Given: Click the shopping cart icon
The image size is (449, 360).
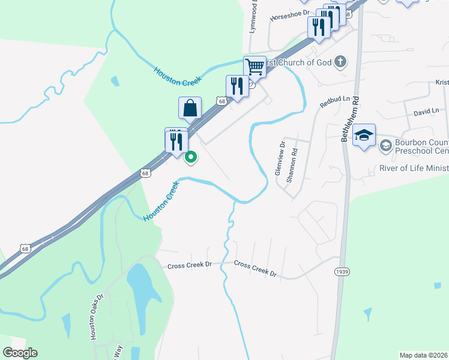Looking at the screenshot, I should point(255,67).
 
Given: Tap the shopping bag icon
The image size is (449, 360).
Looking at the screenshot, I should point(190,109).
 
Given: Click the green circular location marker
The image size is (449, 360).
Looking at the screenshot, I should point(191,158).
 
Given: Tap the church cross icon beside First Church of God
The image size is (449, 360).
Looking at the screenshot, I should point(340,61).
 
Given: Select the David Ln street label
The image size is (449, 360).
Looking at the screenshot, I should point(426,111).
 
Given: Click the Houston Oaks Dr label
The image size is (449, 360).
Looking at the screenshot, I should point(97,317).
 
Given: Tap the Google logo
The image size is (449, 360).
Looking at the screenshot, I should point(20,353).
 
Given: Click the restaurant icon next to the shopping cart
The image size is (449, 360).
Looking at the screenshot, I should point(237,86).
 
